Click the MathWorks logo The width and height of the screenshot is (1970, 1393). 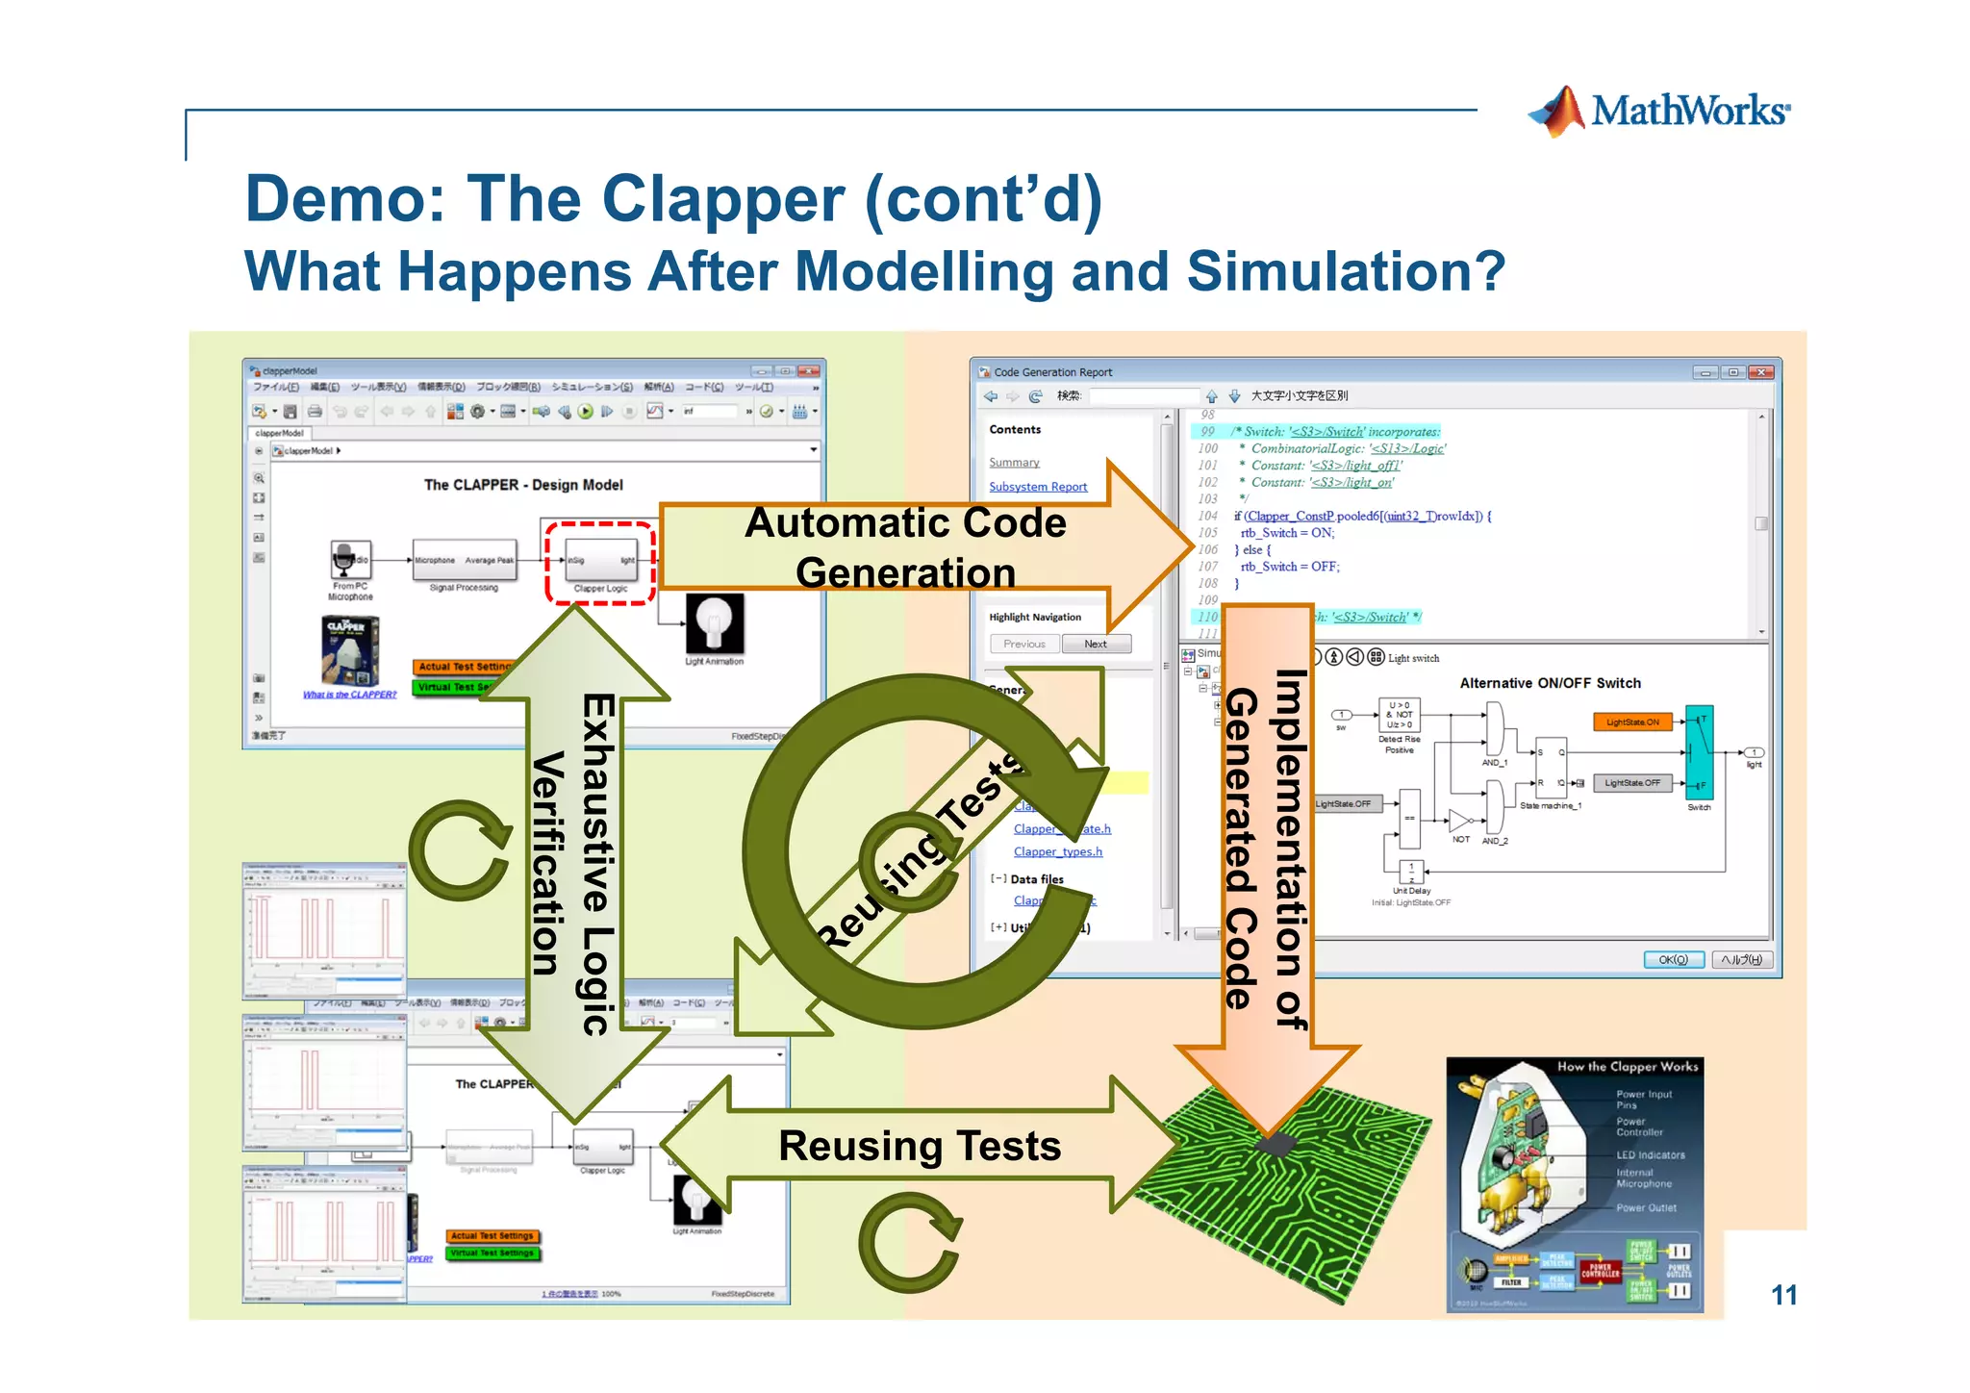(1658, 112)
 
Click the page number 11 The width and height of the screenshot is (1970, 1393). (1783, 1295)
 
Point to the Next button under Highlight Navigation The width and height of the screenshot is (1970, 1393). (1096, 644)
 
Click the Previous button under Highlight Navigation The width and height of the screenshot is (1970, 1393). (1023, 644)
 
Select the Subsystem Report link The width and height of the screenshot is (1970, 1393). (1038, 487)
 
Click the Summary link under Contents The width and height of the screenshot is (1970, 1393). (1014, 463)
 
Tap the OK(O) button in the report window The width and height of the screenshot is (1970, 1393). (1673, 959)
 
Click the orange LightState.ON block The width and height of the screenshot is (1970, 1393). (1632, 722)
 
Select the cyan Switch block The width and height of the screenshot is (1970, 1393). (1699, 751)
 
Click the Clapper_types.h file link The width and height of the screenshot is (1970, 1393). (1057, 851)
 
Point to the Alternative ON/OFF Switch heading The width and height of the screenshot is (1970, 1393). (1550, 683)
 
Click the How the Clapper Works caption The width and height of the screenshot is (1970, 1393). (1627, 1066)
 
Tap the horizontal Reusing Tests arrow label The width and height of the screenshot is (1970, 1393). (920, 1146)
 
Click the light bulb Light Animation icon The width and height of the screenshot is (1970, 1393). (714, 623)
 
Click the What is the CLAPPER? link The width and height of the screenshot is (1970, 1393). (349, 695)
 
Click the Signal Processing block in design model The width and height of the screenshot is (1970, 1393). (464, 560)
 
